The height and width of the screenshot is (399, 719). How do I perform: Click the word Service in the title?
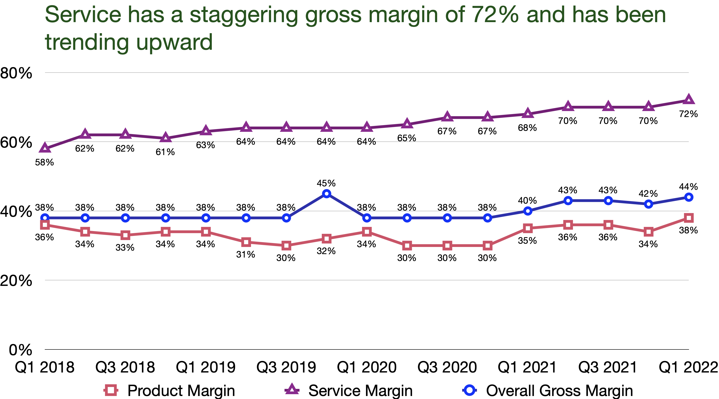tap(83, 15)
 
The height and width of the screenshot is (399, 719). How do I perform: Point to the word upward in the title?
tap(174, 42)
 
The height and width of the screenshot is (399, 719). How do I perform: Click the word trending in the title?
tap(87, 42)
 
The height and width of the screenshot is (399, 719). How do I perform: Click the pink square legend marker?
tap(111, 390)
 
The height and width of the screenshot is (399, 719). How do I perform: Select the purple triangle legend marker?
tap(292, 389)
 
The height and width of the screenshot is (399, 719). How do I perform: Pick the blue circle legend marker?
tap(470, 390)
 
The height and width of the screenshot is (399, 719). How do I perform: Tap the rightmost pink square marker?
tap(689, 218)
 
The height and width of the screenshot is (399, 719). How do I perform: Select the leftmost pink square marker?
tap(45, 225)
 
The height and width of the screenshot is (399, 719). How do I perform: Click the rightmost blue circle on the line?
tap(689, 197)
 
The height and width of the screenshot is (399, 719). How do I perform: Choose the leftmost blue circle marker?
tap(45, 218)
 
